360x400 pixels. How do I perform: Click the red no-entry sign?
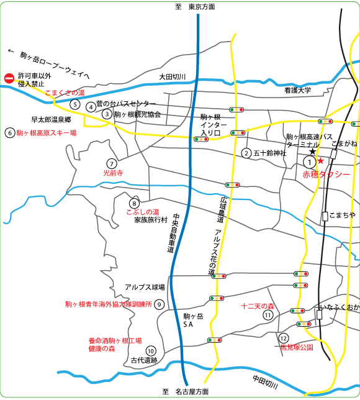[9, 78]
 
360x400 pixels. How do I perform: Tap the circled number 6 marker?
[9, 132]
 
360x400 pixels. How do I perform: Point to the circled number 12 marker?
[284, 339]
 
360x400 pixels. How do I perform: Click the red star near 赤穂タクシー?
[321, 161]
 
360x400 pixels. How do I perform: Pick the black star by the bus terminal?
[313, 152]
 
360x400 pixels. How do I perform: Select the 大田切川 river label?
[172, 77]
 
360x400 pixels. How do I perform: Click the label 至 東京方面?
[195, 6]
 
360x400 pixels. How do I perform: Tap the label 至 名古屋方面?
[185, 392]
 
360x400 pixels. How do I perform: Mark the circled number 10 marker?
[150, 351]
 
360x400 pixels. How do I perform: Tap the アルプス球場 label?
[145, 287]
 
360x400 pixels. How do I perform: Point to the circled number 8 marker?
[134, 203]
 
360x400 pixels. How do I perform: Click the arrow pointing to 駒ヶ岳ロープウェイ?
[11, 52]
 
